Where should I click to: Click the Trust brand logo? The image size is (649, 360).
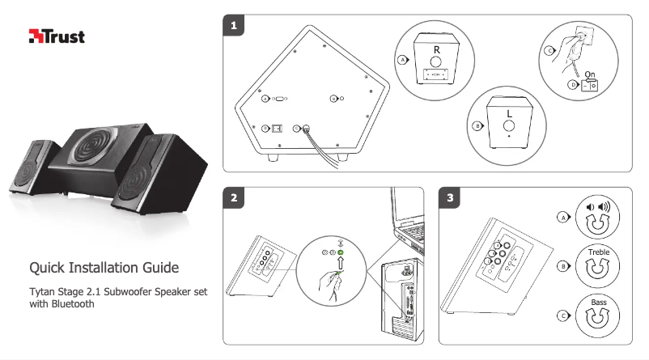[x=57, y=36]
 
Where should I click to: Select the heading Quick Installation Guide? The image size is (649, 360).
[x=104, y=268]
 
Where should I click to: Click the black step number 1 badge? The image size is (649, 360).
[x=233, y=26]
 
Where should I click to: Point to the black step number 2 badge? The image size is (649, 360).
[x=233, y=197]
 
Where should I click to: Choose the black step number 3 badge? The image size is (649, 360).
[x=449, y=197]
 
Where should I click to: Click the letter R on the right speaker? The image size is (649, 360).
[x=435, y=47]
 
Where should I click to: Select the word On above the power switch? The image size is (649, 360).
[x=590, y=74]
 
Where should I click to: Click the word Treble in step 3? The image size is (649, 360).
[x=599, y=252]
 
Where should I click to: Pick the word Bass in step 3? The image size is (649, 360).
[x=599, y=303]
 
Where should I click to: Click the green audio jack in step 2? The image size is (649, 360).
[x=341, y=252]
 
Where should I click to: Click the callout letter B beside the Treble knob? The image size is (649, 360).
[x=562, y=265]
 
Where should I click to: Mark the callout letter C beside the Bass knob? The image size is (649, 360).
[x=562, y=316]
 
